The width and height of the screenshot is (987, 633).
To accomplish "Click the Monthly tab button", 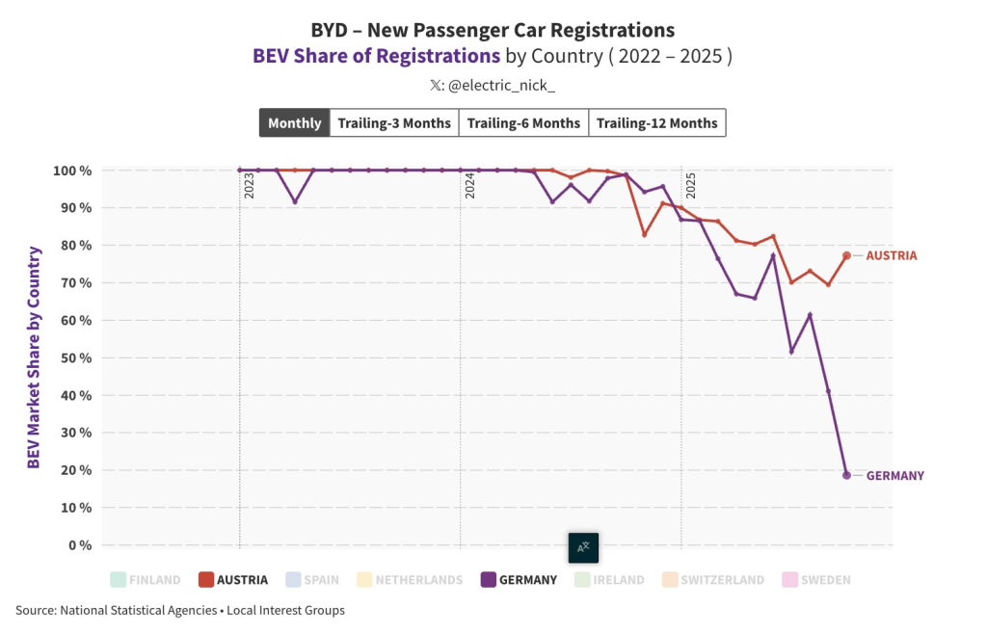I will (295, 123).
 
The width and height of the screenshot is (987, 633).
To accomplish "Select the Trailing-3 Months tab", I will (394, 123).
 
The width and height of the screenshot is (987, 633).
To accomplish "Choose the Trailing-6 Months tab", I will (523, 123).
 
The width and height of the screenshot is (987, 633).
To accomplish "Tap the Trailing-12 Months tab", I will (657, 123).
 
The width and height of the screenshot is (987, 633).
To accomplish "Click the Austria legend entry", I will (233, 580).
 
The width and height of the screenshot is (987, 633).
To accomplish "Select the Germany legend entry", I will (519, 580).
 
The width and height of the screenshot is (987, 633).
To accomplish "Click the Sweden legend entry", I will (817, 580).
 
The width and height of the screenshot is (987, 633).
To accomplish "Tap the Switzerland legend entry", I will (713, 580).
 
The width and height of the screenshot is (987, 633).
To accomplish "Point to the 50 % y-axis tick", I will (72, 357).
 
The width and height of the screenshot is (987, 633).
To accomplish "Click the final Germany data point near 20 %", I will (846, 475).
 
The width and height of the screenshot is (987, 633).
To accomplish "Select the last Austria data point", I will (846, 255).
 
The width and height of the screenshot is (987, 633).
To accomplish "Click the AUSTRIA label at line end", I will (892, 256).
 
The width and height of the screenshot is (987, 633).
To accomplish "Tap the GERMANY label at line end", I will (895, 476).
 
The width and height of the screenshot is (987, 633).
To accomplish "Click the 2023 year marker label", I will (249, 185).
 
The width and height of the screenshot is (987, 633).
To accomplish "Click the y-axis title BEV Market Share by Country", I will (34, 357).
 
